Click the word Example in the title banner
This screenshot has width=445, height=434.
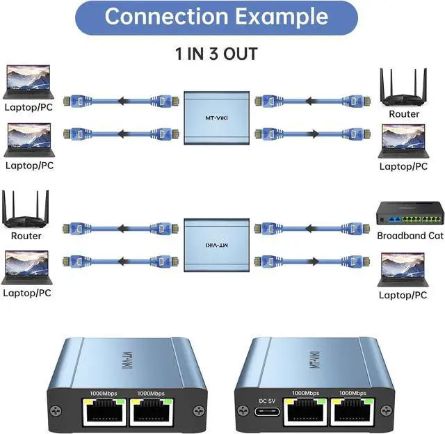(286, 16)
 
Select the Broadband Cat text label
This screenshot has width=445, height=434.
(410, 235)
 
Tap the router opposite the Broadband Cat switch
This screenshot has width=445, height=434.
(26, 209)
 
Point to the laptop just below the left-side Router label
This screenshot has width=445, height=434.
(28, 268)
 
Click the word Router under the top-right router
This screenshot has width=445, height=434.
(404, 113)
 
